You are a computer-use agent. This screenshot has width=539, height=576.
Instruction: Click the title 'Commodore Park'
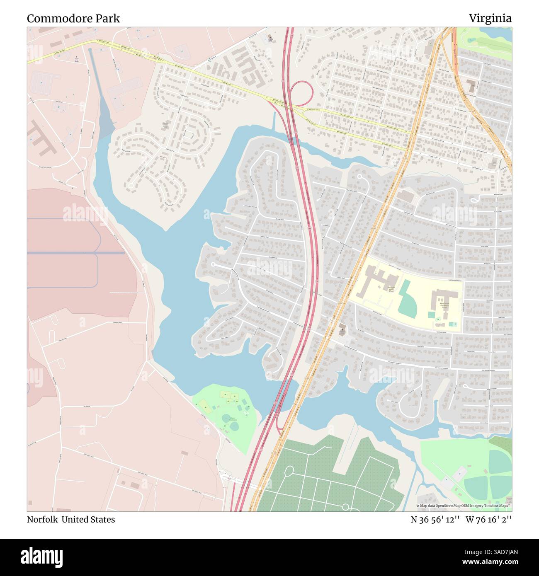point(73,18)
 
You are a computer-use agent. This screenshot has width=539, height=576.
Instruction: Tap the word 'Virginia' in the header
point(490,18)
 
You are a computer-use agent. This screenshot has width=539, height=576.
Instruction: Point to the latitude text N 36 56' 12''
point(435,519)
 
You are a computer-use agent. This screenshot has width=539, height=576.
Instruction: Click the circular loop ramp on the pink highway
point(301,93)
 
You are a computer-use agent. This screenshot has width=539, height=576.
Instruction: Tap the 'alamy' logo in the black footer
point(41,557)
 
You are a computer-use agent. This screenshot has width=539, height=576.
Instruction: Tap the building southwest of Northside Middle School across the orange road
point(342,329)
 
